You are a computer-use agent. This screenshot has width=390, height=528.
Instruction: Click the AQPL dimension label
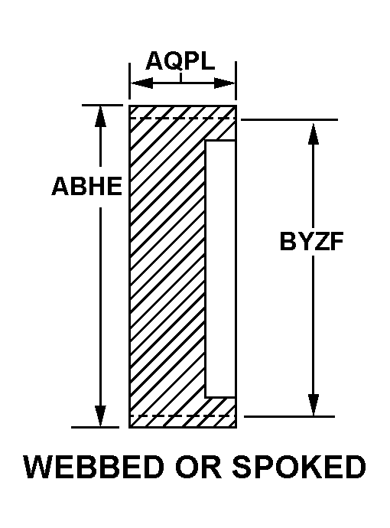[180, 61]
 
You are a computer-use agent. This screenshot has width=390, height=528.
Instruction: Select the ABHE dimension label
[87, 186]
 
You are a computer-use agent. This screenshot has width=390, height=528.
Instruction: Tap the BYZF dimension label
[311, 241]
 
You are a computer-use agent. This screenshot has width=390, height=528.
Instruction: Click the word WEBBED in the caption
[94, 467]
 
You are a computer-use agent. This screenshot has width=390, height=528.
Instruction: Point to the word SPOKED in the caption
[299, 467]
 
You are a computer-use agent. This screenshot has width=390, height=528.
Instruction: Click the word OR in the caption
[198, 467]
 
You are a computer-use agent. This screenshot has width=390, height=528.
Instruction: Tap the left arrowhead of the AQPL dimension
[141, 83]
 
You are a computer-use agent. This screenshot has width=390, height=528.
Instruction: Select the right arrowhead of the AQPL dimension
[225, 83]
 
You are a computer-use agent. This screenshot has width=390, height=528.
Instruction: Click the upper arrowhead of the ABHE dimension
[100, 116]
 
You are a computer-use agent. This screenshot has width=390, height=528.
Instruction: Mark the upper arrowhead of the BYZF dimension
[314, 135]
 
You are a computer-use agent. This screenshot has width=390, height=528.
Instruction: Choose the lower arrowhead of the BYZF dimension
[314, 405]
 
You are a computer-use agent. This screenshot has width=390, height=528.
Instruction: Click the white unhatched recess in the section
[220, 269]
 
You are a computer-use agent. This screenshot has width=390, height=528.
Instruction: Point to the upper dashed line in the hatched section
[182, 118]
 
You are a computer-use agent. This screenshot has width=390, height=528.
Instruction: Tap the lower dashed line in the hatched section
[182, 416]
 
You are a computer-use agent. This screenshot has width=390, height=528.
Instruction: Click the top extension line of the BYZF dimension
[289, 119]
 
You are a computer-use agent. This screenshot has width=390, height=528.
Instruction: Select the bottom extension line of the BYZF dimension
[289, 416]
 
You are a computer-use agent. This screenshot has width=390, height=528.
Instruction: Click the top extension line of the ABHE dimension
[102, 105]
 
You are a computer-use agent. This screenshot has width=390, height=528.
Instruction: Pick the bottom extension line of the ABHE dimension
[96, 427]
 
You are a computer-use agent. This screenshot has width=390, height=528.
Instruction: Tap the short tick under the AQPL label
[180, 78]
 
